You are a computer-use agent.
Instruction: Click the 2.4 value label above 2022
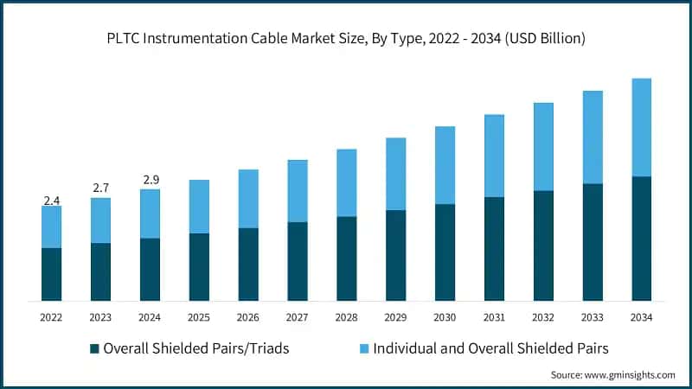pos(51,201)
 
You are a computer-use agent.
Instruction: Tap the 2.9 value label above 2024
pos(150,180)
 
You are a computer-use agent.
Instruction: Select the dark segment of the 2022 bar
pos(51,274)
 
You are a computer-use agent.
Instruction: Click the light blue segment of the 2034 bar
pos(641,128)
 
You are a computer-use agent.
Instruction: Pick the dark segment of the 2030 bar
pos(445,252)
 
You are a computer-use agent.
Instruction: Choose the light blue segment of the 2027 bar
pos(298,191)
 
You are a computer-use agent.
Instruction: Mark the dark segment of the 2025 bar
pos(199,267)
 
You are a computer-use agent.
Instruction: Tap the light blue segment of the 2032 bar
pos(543,147)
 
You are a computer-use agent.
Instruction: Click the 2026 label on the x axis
pos(248,317)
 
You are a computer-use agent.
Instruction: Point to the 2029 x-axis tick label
pos(395,317)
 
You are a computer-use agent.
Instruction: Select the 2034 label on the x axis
pos(641,317)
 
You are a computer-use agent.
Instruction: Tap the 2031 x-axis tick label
pos(494,317)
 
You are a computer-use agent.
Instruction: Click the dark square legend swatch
pos(93,349)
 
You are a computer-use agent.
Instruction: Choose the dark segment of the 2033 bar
pos(592,242)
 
